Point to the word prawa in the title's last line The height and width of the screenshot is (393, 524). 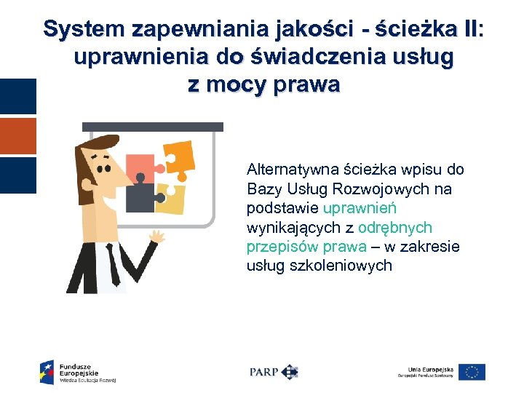(x=308, y=85)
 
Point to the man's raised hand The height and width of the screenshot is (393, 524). (x=156, y=237)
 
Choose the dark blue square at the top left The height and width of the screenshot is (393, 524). (x=17, y=97)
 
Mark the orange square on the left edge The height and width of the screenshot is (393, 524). (x=17, y=136)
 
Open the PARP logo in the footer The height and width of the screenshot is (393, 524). (x=274, y=371)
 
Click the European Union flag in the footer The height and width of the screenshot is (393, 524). (x=472, y=372)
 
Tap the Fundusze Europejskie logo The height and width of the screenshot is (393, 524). (x=78, y=371)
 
